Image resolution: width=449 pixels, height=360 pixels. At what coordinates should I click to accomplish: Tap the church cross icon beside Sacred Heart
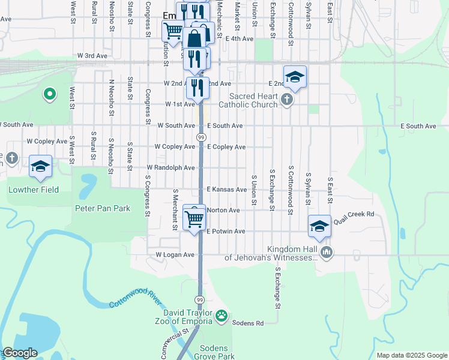pyautogui.click(x=287, y=99)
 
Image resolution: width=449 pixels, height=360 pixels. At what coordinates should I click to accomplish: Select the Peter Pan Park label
pyautogui.click(x=102, y=209)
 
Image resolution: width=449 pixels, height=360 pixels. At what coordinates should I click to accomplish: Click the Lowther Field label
pyautogui.click(x=34, y=190)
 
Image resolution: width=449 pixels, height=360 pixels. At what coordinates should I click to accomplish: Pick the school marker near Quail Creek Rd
pyautogui.click(x=319, y=226)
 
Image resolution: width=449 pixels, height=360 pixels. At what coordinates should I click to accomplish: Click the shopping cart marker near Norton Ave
pyautogui.click(x=194, y=219)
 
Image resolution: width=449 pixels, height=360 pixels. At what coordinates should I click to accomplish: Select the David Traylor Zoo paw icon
pyautogui.click(x=221, y=314)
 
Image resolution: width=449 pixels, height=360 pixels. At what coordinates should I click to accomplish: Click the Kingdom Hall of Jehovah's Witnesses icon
pyautogui.click(x=326, y=251)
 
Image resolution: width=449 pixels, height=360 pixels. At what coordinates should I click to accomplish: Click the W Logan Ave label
pyautogui.click(x=175, y=255)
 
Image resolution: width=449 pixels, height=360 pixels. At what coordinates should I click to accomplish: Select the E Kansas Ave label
pyautogui.click(x=227, y=190)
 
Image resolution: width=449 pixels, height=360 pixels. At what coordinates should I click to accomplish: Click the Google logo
pyautogui.click(x=20, y=353)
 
